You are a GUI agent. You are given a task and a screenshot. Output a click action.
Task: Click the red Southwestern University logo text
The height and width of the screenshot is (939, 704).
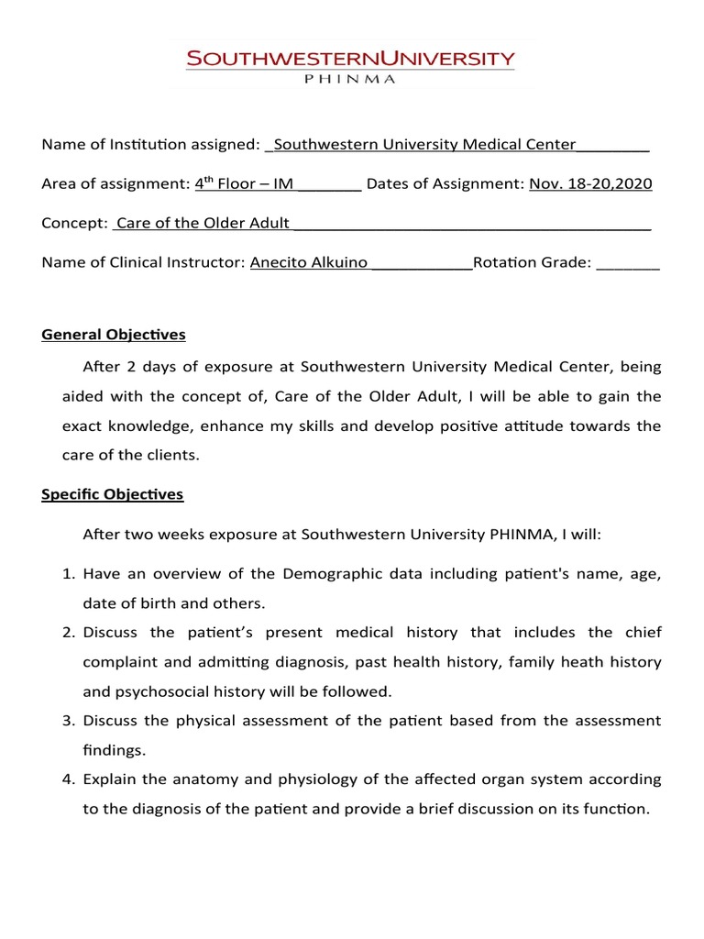coord(351,60)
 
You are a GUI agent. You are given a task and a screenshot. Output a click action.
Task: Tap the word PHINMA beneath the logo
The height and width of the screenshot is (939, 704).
coord(350,80)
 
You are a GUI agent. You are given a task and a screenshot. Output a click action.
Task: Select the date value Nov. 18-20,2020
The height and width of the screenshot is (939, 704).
coord(590,183)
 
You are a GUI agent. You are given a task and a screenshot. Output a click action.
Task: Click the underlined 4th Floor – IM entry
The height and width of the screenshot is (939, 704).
coord(244,183)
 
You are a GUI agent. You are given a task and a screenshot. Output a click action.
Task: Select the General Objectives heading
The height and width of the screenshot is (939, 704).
coord(114,334)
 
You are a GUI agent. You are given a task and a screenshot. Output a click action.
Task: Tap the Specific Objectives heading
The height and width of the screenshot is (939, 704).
coord(113,494)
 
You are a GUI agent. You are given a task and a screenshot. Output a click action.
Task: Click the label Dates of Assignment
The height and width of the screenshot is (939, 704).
coord(445,183)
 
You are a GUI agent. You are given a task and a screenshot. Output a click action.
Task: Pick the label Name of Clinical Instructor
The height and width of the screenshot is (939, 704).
coord(144,262)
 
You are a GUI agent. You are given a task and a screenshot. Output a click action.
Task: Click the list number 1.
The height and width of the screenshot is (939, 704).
coord(68,574)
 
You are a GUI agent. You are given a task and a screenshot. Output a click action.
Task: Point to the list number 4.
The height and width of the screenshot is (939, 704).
coord(68,779)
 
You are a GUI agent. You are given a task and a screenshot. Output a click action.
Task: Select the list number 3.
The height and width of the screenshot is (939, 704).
coord(68,721)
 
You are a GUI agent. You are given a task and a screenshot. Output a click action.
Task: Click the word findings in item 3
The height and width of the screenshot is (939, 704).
coord(114,750)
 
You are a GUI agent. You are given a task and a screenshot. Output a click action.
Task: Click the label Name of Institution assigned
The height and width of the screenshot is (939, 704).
coord(151,144)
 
